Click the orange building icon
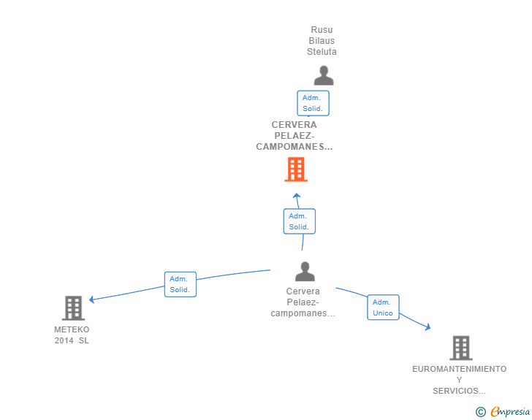tap(296, 169)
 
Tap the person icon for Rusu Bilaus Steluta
tap(324, 75)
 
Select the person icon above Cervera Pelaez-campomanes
tap(305, 272)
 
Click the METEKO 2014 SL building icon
tap(73, 308)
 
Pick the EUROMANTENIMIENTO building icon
tap(461, 348)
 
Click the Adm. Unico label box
tap(383, 308)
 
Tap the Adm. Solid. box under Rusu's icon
tap(313, 103)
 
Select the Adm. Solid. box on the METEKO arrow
tap(180, 284)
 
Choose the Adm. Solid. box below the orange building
tap(300, 221)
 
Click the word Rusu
tap(322, 30)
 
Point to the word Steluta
tap(322, 52)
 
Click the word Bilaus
tap(322, 41)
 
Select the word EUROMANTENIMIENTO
tap(460, 369)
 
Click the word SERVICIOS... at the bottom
tap(460, 391)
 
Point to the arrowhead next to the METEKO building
tap(91, 299)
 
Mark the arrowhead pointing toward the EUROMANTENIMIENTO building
tap(427, 327)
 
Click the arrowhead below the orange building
tap(297, 196)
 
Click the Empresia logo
tap(503, 412)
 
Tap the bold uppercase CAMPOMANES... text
tap(294, 147)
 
